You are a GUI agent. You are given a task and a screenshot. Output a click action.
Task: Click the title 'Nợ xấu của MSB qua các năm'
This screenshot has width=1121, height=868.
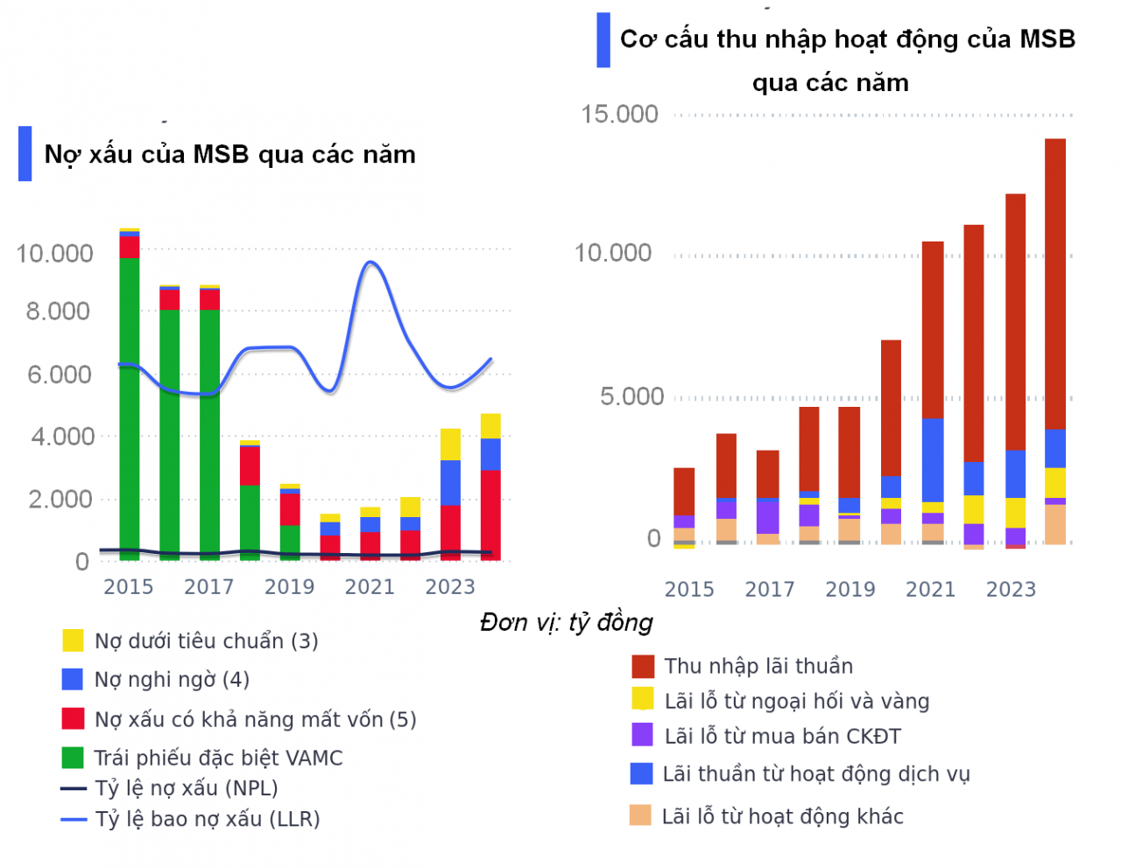coord(229,155)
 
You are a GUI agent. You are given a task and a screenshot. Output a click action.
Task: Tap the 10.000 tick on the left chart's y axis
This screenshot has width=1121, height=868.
coord(54,254)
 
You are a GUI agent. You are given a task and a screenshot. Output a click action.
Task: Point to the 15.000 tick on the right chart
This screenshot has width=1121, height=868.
coord(619,115)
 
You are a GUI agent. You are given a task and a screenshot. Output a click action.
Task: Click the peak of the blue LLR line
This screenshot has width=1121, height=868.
coord(370,262)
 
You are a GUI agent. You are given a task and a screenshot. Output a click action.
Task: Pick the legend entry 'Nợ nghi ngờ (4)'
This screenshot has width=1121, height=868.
coord(172,680)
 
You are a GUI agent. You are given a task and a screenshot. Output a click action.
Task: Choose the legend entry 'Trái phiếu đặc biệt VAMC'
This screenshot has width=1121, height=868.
coord(218,758)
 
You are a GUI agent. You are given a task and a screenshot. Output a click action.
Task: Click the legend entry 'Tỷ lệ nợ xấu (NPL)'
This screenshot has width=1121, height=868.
coord(186,788)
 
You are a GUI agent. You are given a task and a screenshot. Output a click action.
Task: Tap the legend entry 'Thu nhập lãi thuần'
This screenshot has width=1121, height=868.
coord(758,667)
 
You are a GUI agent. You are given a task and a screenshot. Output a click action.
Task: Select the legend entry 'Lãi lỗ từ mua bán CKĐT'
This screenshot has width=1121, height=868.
coord(782,737)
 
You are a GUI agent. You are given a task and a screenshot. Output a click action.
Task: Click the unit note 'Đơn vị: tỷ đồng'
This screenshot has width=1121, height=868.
coord(567,622)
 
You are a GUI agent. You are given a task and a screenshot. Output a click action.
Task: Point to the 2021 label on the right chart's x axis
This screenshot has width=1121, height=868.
coord(930,590)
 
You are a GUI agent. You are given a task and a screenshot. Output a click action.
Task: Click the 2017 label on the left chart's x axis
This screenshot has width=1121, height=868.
coord(208,587)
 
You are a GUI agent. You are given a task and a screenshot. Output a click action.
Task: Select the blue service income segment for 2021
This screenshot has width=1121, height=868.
coord(933,459)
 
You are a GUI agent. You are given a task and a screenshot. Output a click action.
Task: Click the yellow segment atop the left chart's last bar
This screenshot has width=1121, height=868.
coord(490,426)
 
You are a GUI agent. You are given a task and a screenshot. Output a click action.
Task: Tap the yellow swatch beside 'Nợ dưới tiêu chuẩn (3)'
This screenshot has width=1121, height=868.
coord(73,640)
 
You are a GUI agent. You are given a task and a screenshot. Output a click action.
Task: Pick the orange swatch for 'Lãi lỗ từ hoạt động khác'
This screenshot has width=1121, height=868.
coord(640,815)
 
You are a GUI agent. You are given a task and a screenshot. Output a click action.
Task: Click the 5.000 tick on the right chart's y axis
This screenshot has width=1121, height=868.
coord(631,397)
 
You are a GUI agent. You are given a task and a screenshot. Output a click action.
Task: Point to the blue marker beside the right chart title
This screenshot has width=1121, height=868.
coord(603,40)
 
